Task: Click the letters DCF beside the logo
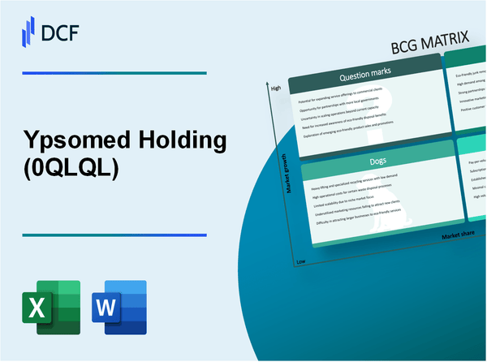point(61,31)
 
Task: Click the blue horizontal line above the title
point(114,73)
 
